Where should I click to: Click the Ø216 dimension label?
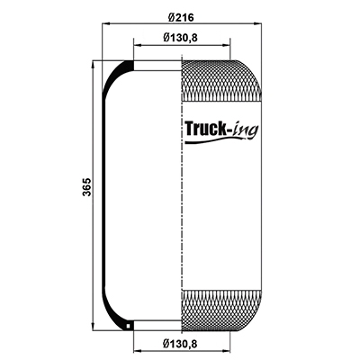click(x=181, y=17)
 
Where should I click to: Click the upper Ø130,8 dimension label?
click(x=180, y=38)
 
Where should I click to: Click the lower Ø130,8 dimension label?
click(x=180, y=343)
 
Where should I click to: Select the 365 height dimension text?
click(x=86, y=187)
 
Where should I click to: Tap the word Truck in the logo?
click(x=205, y=129)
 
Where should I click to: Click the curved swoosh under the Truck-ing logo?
click(x=216, y=139)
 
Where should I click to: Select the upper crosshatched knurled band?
click(x=221, y=80)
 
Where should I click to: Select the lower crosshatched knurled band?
click(x=221, y=310)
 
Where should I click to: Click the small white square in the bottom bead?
click(x=129, y=326)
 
